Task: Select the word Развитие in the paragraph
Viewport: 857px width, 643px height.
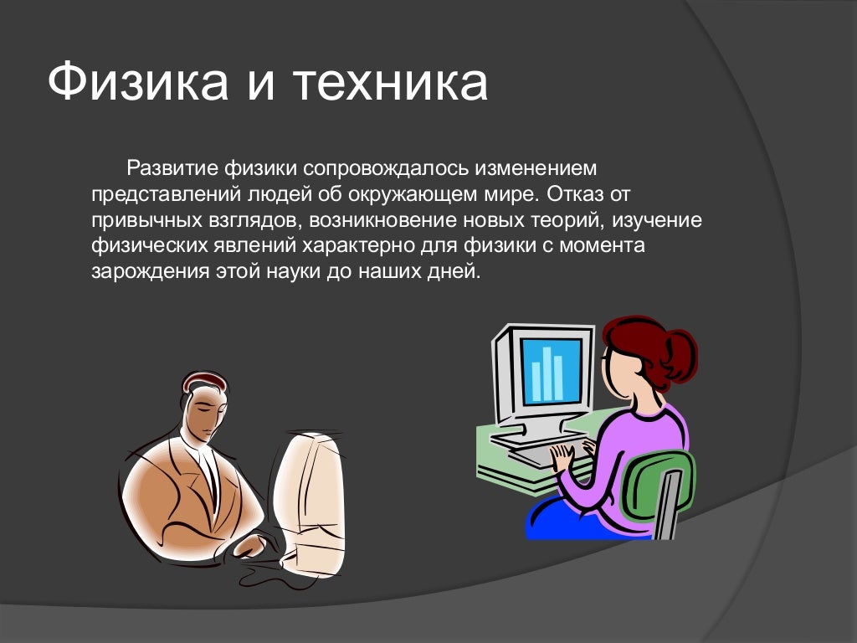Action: [x=171, y=168]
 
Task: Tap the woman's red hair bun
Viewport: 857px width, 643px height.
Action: [x=676, y=352]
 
